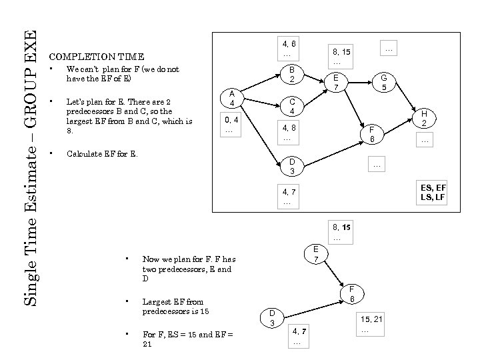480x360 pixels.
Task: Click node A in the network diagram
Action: coord(231,98)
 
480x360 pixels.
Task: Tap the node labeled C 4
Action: coord(291,107)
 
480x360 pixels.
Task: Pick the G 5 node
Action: coord(383,83)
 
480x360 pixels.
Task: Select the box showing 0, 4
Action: coord(231,125)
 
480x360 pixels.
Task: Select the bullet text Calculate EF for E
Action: coord(102,154)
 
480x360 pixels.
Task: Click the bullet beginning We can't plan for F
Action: coord(123,74)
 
